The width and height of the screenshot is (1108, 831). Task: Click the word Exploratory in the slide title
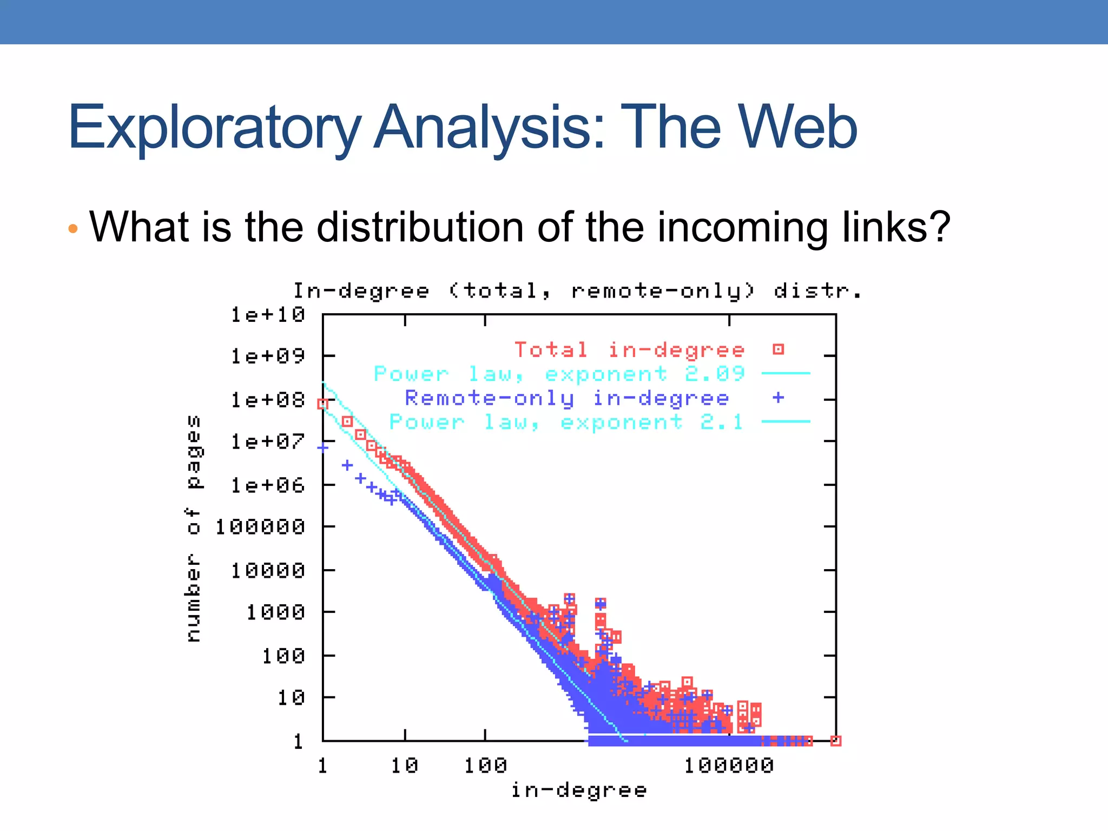pos(214,128)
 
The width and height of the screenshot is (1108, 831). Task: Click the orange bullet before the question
pos(74,229)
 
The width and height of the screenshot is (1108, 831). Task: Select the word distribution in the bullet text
pos(419,227)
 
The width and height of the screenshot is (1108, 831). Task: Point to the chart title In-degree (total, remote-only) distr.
pos(577,291)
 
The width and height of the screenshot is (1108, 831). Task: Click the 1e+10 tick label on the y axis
pos(268,314)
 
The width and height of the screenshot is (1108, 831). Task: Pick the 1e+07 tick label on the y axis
pos(268,441)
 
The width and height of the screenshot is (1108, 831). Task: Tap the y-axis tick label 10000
pos(268,570)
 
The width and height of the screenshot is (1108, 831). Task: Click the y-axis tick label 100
pos(283,656)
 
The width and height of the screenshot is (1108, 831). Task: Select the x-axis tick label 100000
pos(729,766)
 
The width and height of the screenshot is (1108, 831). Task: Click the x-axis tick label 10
pos(405,766)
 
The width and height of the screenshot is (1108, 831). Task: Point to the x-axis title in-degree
pos(578,790)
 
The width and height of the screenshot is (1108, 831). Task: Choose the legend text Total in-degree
pos(629,350)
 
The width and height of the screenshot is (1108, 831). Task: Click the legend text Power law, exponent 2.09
pos(559,374)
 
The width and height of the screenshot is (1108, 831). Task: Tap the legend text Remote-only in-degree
pos(566,398)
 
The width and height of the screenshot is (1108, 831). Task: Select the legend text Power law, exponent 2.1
pos(566,422)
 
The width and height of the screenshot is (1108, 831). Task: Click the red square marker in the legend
pos(778,349)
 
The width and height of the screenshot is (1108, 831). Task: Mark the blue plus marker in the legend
pos(778,398)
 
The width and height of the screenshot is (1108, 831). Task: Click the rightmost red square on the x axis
pos(835,741)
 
